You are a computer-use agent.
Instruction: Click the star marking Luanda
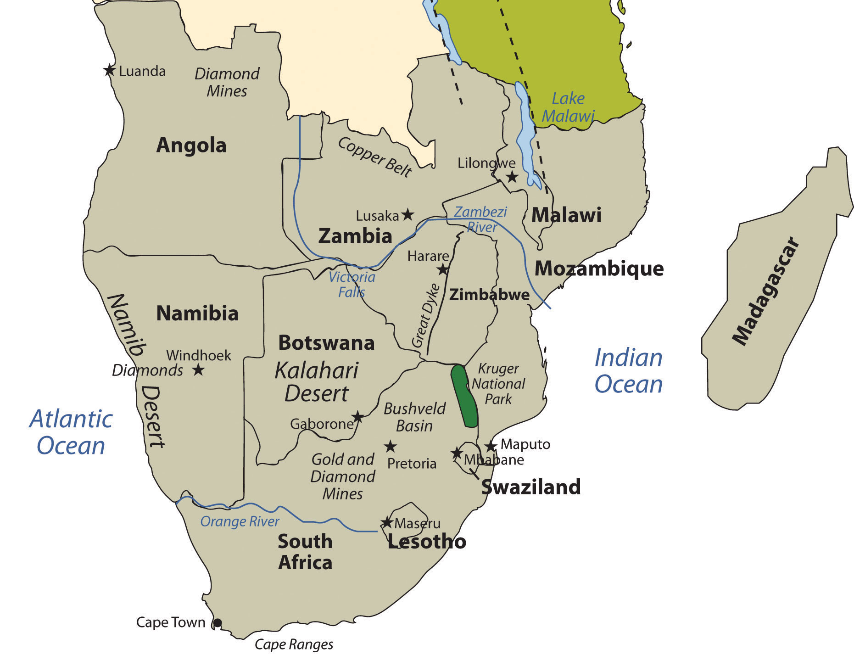[109, 70]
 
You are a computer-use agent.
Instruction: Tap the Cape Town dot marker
[218, 623]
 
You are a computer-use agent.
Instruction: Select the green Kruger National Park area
[464, 395]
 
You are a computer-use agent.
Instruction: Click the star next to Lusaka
[407, 214]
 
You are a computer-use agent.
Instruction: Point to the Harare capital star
[442, 269]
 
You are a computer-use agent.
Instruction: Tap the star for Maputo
[491, 446]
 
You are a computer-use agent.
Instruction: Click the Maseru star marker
[387, 522]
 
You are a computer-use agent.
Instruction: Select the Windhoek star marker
[198, 369]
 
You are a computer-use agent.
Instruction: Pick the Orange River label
[240, 522]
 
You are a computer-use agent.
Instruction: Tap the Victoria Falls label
[352, 285]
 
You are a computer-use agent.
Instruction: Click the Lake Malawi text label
[568, 107]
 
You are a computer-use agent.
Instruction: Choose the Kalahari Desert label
[317, 382]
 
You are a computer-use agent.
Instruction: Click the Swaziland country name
[530, 487]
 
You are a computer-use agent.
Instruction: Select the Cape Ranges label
[294, 644]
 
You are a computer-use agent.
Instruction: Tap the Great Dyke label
[425, 316]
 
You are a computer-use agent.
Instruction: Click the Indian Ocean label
[628, 371]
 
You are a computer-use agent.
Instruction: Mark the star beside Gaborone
[358, 417]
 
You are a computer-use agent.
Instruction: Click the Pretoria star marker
[390, 446]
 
